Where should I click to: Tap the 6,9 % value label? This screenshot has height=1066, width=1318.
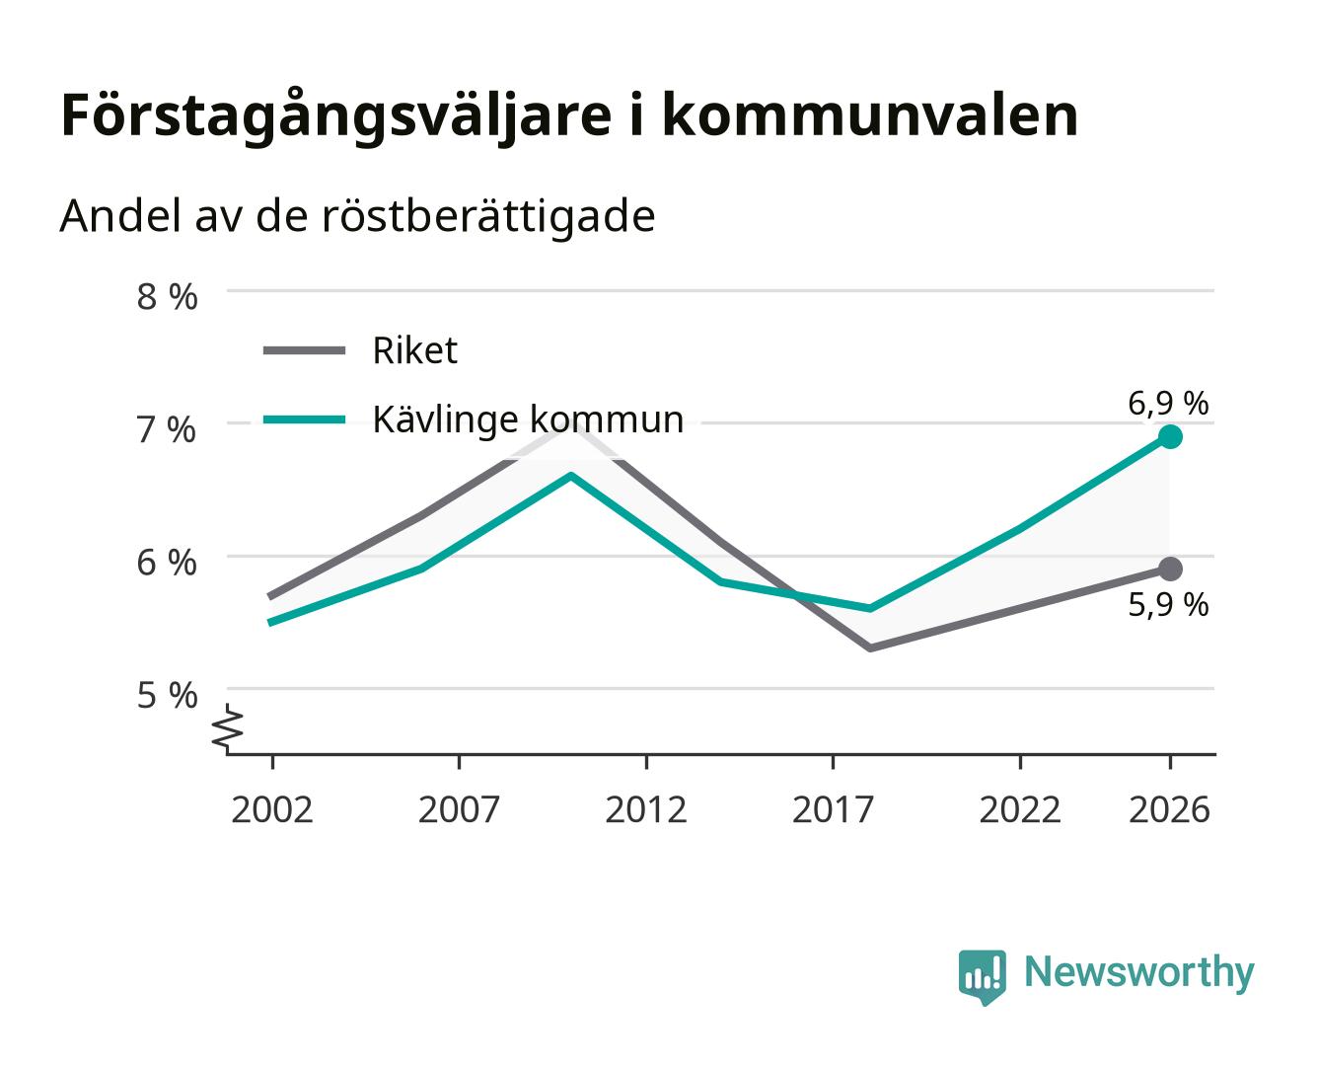[x=1168, y=404]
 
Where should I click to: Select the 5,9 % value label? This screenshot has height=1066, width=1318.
[x=1168, y=605]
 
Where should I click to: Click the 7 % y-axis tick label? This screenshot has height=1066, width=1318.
[x=167, y=429]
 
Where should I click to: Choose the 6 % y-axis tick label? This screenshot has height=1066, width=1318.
[x=167, y=563]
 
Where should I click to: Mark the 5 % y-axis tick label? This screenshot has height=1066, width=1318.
[x=167, y=695]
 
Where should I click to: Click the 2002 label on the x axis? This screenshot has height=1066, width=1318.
[x=271, y=809]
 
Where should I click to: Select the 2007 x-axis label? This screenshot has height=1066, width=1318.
[x=459, y=809]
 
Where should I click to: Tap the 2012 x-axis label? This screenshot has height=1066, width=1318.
[x=646, y=809]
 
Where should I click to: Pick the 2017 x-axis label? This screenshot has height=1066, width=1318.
[x=833, y=809]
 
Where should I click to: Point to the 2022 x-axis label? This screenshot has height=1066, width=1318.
[x=1020, y=809]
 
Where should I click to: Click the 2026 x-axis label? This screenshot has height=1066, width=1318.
[x=1169, y=809]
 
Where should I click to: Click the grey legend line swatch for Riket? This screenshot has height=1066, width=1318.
[x=304, y=351]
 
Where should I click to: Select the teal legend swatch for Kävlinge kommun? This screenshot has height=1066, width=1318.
[x=304, y=419]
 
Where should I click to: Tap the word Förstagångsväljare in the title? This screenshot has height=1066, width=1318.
[x=336, y=116]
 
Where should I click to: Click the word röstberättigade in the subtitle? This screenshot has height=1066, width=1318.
[x=488, y=216]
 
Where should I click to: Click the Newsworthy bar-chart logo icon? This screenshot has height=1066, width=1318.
[x=982, y=977]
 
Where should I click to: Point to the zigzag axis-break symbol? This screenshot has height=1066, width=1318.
[x=228, y=728]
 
